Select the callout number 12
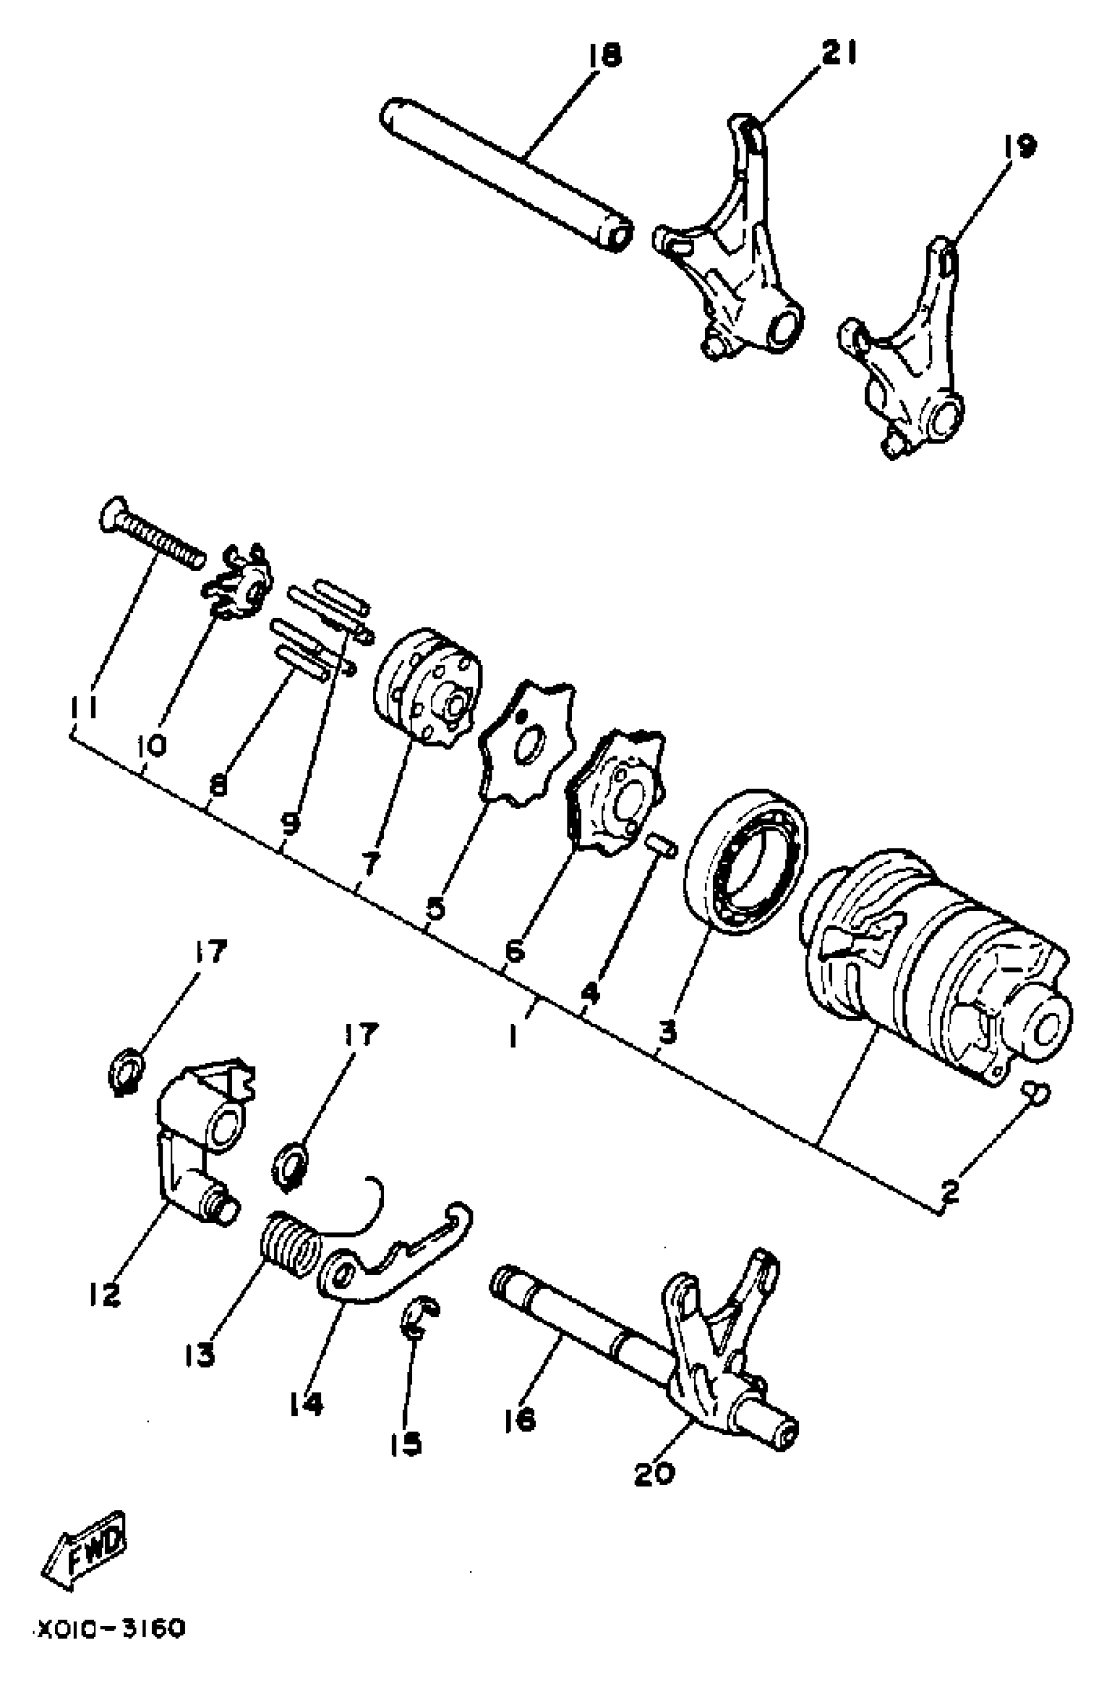coord(104,1295)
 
